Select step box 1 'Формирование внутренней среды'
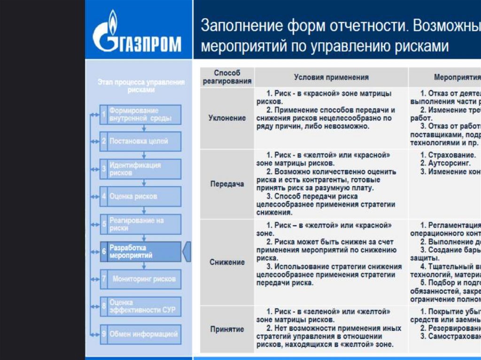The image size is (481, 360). point(140,115)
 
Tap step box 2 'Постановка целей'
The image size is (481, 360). point(140,141)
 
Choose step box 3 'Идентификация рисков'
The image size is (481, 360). point(140,169)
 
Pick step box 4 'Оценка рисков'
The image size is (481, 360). point(140,196)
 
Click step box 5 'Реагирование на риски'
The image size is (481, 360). point(140,224)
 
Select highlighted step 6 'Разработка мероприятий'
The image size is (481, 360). point(140,252)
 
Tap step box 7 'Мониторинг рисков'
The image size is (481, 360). point(140,279)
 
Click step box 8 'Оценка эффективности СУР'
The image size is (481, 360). point(140,306)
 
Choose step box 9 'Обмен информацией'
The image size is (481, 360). point(140,334)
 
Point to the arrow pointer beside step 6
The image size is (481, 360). point(187,252)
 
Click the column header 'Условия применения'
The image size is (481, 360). point(331,77)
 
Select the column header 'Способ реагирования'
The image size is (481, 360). point(227,77)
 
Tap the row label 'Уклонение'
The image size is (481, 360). point(227,118)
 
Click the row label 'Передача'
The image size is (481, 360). point(227,184)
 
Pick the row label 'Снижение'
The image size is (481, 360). point(227,262)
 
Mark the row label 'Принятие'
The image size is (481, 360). point(227,329)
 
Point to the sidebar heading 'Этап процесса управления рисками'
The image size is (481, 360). point(141,86)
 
